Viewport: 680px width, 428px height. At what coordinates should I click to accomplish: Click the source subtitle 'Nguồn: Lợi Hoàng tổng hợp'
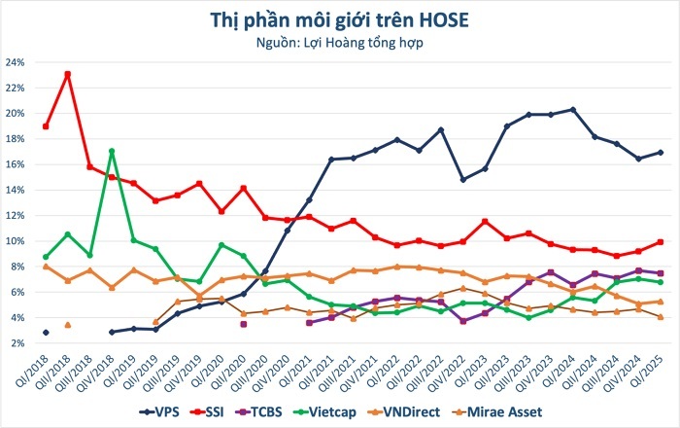(340, 42)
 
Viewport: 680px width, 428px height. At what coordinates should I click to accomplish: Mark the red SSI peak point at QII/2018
(67, 74)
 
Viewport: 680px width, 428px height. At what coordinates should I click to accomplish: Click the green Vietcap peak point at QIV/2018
(112, 151)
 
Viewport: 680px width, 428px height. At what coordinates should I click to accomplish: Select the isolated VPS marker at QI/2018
(46, 333)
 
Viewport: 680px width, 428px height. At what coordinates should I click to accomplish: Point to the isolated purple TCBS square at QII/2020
(244, 324)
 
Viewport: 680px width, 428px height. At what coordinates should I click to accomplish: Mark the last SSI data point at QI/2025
(660, 242)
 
